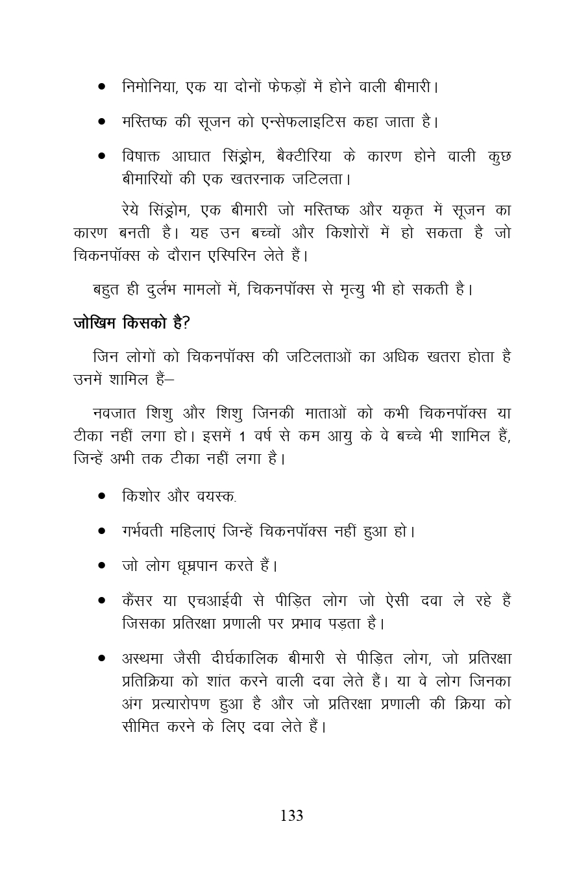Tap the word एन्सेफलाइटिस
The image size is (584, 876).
296,121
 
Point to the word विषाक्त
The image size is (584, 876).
141,158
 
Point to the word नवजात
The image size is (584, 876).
115,413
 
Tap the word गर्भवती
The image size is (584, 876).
141,531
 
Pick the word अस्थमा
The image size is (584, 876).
142,658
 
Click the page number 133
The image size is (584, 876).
291,816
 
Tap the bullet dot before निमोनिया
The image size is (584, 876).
102,87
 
